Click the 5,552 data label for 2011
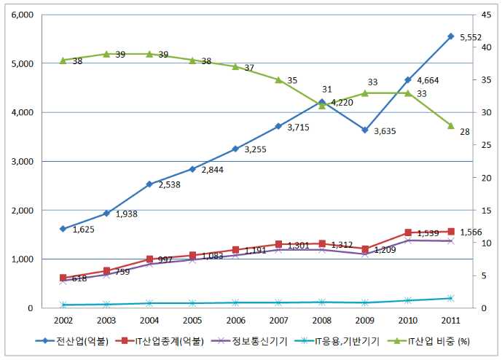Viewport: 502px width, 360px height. (x=471, y=36)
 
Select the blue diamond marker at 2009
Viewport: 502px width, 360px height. (x=365, y=130)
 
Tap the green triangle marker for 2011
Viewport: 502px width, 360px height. (x=451, y=125)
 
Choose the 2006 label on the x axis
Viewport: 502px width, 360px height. (x=235, y=321)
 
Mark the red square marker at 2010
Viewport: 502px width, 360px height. (x=408, y=232)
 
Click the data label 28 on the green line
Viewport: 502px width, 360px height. (x=464, y=131)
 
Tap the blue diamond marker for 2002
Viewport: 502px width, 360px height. (x=63, y=229)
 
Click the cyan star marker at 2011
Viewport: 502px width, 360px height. (x=451, y=298)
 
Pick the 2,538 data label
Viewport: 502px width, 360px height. (x=168, y=185)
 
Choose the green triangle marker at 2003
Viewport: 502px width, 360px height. (x=106, y=54)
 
